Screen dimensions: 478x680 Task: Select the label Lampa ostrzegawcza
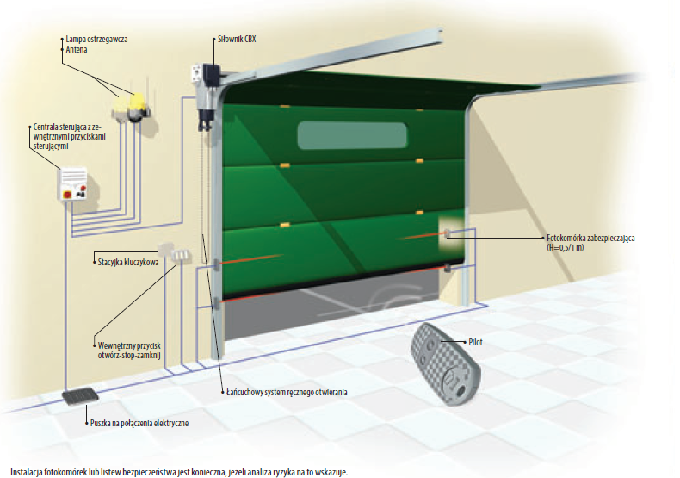click(94, 40)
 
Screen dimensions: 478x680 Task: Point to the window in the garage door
click(352, 136)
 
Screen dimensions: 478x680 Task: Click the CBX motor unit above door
click(206, 91)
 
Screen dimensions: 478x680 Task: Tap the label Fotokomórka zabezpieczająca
click(590, 238)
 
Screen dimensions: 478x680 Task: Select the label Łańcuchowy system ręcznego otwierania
click(285, 394)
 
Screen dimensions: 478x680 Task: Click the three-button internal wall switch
click(181, 257)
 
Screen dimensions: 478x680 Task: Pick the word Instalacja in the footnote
click(22, 472)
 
